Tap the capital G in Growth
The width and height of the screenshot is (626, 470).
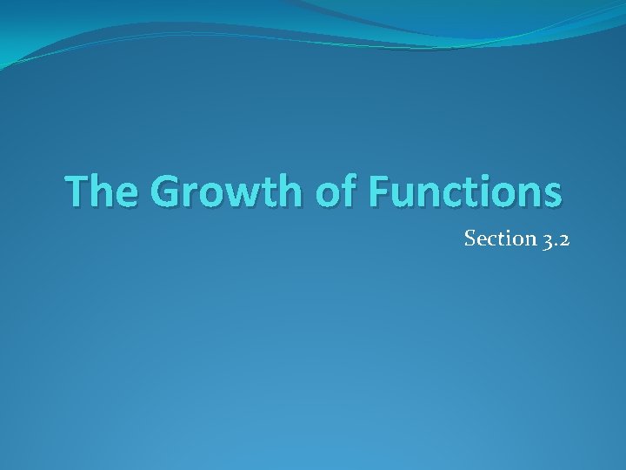coord(168,191)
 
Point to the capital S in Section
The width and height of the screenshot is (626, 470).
coord(469,238)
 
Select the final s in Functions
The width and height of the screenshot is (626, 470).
coord(551,196)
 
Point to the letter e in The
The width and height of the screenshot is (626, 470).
coord(126,196)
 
